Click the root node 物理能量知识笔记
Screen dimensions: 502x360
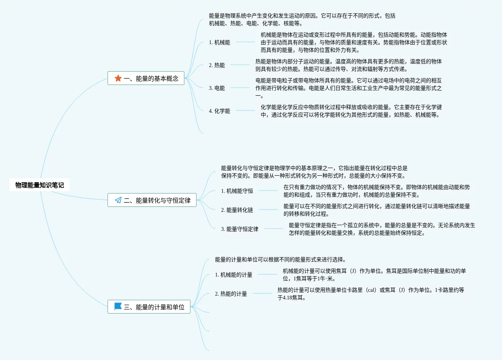(x=40, y=185)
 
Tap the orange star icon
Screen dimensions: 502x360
(x=118, y=78)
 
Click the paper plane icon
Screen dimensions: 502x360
(x=118, y=200)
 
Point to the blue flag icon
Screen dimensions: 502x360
(x=118, y=306)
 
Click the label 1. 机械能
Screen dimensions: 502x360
(x=220, y=42)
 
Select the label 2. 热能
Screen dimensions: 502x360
(x=217, y=65)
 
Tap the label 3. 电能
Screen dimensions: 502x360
(x=217, y=88)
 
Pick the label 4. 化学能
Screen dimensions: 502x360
(x=220, y=111)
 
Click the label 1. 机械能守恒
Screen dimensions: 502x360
(x=237, y=191)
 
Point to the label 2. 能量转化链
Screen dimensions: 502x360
(x=237, y=210)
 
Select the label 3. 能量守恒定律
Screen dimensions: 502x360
(x=240, y=229)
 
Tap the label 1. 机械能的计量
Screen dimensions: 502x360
(x=234, y=275)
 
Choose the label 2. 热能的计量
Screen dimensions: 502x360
(x=231, y=294)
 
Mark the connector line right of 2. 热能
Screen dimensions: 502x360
(x=240, y=65)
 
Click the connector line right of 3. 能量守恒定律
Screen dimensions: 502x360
(x=273, y=229)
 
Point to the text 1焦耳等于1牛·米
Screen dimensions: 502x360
(x=314, y=278)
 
